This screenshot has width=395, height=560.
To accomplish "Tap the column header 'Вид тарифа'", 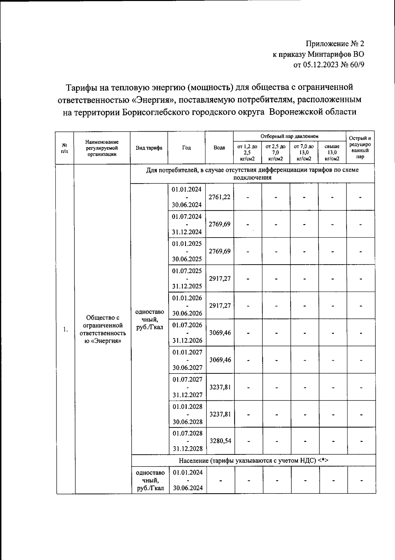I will [x=149, y=148].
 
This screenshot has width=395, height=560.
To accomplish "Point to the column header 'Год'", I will [x=186, y=148].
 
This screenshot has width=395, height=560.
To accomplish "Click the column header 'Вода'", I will [x=219, y=148].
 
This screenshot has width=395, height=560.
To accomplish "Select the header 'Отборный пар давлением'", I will [x=289, y=136].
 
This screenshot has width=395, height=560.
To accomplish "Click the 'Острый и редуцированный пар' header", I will [x=360, y=148].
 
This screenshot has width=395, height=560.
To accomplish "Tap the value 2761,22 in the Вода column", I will [x=220, y=197].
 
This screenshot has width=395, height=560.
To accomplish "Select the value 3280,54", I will [x=220, y=441].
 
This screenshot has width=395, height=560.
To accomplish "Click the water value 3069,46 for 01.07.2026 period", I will [x=220, y=333].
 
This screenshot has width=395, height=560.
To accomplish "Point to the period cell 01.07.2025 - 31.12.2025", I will [x=187, y=278].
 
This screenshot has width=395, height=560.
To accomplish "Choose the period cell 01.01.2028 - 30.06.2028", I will [x=187, y=414].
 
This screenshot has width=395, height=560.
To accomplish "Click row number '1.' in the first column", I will [x=66, y=329].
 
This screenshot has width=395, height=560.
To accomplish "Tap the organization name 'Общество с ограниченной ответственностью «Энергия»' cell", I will [x=102, y=329].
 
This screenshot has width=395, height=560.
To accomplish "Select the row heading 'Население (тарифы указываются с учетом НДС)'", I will [x=253, y=461].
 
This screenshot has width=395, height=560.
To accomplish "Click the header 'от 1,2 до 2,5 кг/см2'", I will [x=247, y=153].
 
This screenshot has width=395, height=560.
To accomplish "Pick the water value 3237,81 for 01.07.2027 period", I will [x=220, y=387].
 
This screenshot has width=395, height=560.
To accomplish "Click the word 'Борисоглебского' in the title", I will [x=157, y=112].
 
